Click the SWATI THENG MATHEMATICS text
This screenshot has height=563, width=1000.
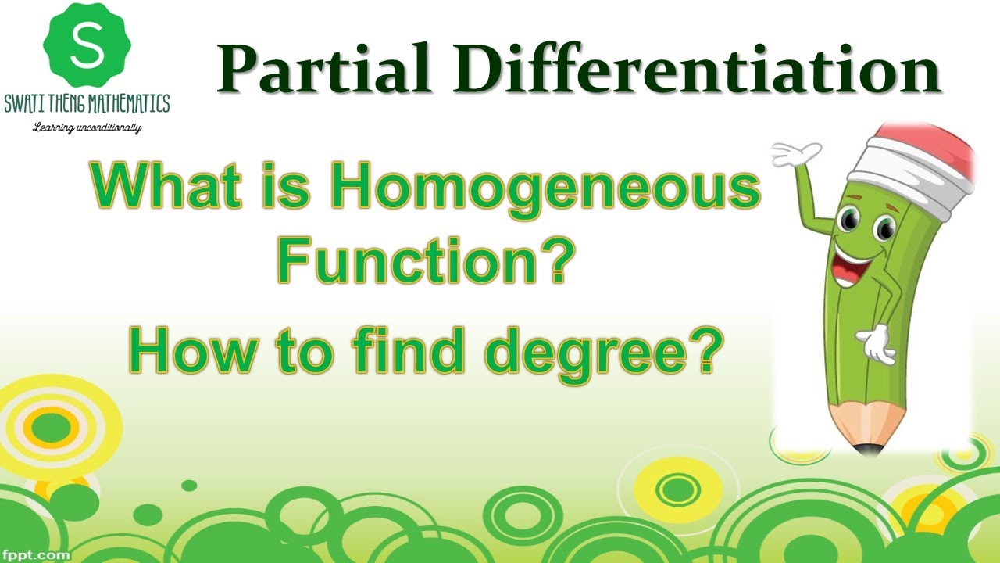[86, 105]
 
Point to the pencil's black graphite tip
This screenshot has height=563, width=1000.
[865, 449]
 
